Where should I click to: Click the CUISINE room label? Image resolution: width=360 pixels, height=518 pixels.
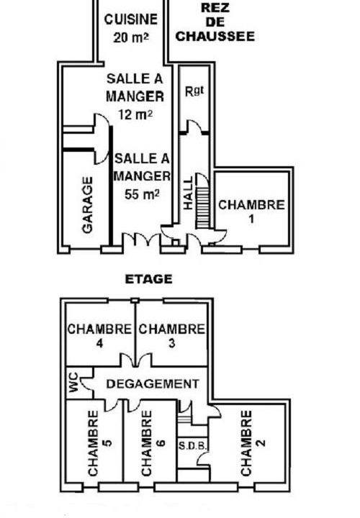pyautogui.click(x=130, y=19)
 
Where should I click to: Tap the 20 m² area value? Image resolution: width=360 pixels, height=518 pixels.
pyautogui.click(x=131, y=37)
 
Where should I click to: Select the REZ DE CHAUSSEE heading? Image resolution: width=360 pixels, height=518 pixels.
pyautogui.click(x=215, y=22)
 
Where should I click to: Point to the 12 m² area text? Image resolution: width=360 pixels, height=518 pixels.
pyautogui.click(x=135, y=114)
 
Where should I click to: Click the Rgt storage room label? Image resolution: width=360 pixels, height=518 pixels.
pyautogui.click(x=194, y=91)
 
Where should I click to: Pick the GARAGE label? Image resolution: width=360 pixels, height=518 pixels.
pyautogui.click(x=87, y=205)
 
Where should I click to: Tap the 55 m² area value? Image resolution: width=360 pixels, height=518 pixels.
pyautogui.click(x=142, y=194)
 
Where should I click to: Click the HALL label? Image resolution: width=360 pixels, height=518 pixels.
pyautogui.click(x=188, y=193)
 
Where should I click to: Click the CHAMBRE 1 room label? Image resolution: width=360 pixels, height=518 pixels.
pyautogui.click(x=251, y=211)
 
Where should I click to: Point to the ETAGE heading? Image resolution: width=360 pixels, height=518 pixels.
pyautogui.click(x=149, y=279)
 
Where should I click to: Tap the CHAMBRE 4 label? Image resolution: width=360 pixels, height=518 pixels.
pyautogui.click(x=99, y=336)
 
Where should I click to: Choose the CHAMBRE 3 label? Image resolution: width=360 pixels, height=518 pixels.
pyautogui.click(x=171, y=336)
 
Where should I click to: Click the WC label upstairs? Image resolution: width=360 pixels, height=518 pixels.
pyautogui.click(x=73, y=382)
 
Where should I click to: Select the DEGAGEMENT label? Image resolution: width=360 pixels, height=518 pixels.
pyautogui.click(x=153, y=384)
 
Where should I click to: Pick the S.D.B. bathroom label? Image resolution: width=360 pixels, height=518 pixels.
pyautogui.click(x=193, y=446)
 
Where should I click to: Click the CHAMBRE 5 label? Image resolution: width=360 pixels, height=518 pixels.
pyautogui.click(x=100, y=442)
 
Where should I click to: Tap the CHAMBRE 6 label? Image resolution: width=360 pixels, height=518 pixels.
pyautogui.click(x=153, y=442)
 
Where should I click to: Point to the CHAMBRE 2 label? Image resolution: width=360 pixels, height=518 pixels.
pyautogui.click(x=253, y=442)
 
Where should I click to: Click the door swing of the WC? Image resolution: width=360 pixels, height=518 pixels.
pyautogui.click(x=86, y=383)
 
